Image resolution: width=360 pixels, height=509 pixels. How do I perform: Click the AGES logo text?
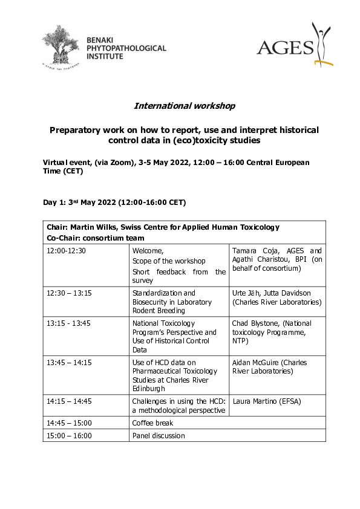click(285, 47)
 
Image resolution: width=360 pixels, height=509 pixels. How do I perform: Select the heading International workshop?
click(185, 106)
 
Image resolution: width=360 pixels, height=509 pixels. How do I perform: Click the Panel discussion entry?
click(159, 435)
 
